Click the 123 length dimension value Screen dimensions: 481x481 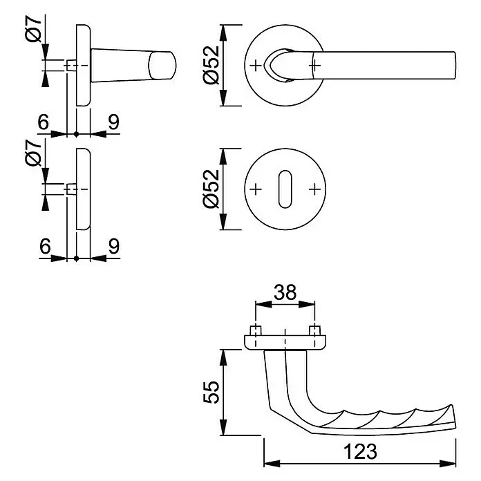pos(360,451)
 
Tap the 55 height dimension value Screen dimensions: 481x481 pos(211,393)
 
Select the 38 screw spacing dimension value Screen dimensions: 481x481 pos(285,292)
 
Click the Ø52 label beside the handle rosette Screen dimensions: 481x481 pos(211,65)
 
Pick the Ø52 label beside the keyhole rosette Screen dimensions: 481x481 pos(211,189)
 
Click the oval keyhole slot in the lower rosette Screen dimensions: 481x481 pos(285,189)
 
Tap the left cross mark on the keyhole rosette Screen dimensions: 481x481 pos(256,189)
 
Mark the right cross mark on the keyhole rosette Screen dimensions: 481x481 pos(314,189)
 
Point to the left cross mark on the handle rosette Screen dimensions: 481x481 pos(256,66)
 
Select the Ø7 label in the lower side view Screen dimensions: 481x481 pos(33,153)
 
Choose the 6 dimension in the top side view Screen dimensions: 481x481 pos(44,122)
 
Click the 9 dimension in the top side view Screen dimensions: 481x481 pos(113,122)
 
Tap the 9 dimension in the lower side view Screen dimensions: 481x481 pos(113,246)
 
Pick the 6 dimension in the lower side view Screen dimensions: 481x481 pos(45,246)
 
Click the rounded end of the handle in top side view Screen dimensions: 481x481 pos(162,66)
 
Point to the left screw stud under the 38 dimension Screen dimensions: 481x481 pos(256,330)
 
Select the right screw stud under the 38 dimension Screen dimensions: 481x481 pos(314,330)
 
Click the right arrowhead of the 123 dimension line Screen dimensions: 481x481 pos(448,464)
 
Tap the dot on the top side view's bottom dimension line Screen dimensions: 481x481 pos(77,134)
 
